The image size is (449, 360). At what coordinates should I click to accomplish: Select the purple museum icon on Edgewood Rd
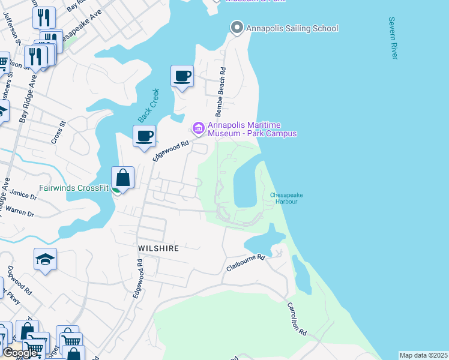coord(198,128)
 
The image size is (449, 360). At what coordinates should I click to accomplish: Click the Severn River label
coord(394,38)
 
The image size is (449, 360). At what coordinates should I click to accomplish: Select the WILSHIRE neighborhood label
coord(158,248)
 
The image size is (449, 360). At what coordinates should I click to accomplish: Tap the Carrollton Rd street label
coord(297,319)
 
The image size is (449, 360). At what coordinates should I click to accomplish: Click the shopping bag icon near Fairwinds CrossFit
coord(122,178)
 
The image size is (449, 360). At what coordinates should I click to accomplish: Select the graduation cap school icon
coord(45,259)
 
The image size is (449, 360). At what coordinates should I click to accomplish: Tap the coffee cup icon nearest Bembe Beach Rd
coord(182,76)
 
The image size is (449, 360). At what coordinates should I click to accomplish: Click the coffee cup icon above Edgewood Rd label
coord(144,136)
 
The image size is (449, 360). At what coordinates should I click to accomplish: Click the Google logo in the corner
coord(20,353)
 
